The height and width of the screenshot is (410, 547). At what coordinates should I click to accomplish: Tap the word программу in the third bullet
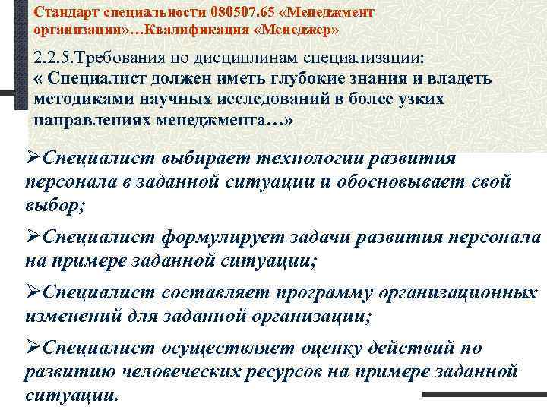point(324,292)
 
